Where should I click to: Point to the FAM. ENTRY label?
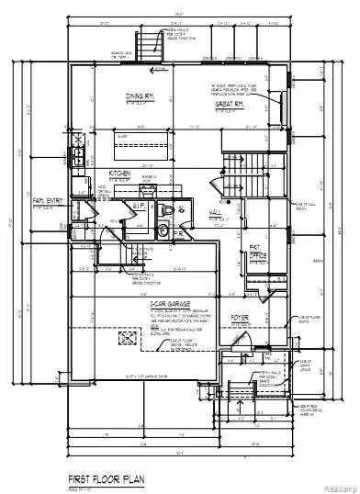(48, 199)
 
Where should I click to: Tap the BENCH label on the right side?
(317, 261)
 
